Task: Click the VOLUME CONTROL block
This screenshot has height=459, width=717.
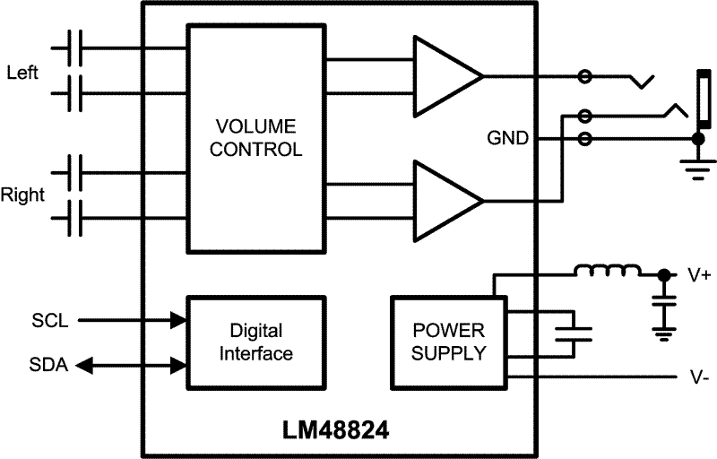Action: (x=255, y=137)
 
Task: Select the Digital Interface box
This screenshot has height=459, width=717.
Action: (x=255, y=342)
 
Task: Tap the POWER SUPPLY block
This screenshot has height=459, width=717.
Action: (x=449, y=342)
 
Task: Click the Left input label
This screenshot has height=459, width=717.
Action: (x=22, y=72)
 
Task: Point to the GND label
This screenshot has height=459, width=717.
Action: (x=507, y=139)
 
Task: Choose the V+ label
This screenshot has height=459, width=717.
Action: (x=700, y=276)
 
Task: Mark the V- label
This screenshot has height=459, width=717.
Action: (x=700, y=378)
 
